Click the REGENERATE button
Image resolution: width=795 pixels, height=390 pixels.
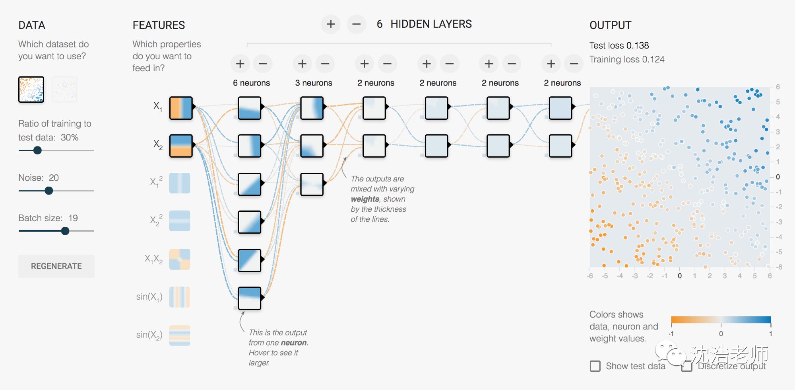point(56,266)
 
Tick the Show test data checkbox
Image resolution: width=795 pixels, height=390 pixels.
point(595,366)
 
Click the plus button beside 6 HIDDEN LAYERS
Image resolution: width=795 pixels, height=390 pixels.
point(331,24)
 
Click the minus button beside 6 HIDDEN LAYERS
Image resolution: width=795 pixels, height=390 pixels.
point(356,24)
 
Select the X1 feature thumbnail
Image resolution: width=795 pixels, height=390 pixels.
point(181,108)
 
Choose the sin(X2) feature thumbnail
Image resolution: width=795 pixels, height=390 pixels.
point(180,335)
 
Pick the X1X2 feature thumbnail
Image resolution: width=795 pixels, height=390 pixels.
point(180,259)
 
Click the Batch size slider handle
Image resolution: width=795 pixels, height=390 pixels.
point(65,231)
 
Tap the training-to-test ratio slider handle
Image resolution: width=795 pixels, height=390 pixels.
point(37,150)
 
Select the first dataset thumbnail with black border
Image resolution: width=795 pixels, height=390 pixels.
point(31,90)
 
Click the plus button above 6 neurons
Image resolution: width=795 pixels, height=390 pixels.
point(240,64)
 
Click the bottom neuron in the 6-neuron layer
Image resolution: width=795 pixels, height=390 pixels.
point(250,298)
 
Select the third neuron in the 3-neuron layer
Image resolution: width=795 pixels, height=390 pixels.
point(312,184)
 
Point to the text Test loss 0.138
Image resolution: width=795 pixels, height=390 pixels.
point(619,45)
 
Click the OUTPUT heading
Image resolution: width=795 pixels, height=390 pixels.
point(610,25)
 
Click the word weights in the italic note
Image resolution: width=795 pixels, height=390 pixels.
point(365,199)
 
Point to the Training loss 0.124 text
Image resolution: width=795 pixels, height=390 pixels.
point(626,59)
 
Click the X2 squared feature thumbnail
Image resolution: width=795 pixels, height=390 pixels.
point(180,221)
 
